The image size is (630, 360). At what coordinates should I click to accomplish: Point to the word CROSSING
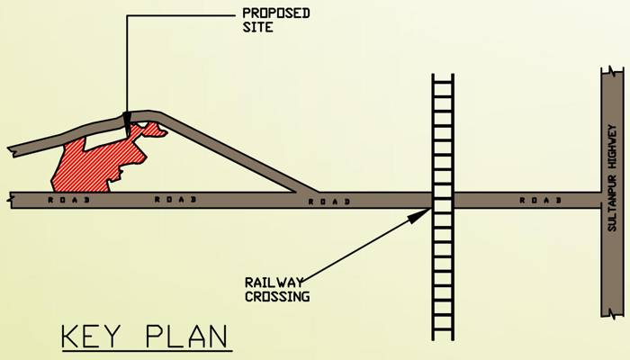coord(276,296)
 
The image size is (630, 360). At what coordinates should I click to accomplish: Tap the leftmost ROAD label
coord(63,200)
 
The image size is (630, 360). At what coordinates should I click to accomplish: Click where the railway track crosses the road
coord(443,200)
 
